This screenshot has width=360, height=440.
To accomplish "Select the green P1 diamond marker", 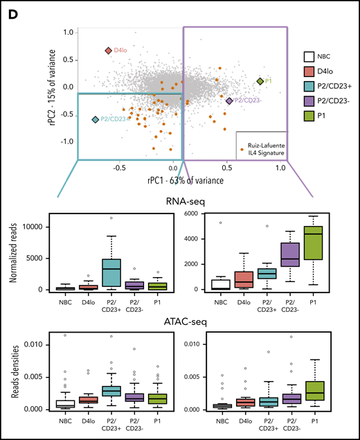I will [260, 81].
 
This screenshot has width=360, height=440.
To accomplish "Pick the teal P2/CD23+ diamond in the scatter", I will [95, 120].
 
